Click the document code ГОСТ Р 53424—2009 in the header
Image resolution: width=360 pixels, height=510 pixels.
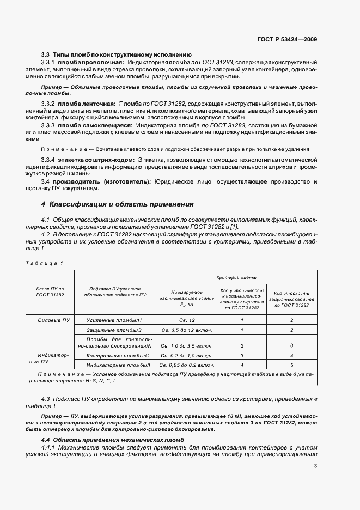pos(288,39)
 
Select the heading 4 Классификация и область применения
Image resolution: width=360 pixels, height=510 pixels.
pos(118,204)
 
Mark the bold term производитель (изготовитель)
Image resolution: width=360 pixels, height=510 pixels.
pos(103,181)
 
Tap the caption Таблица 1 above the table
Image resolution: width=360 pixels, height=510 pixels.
pos(45,263)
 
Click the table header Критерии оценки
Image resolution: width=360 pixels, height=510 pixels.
pos(236,277)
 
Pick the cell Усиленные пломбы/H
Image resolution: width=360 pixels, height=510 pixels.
pos(114,321)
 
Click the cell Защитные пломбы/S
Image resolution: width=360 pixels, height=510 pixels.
pos(114,330)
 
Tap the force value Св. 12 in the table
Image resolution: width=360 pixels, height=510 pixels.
pos(187,321)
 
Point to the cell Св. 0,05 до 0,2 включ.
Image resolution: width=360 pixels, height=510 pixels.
pos(187,363)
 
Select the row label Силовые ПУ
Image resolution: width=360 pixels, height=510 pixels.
pos(50,321)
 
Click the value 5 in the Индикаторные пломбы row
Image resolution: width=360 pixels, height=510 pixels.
pos(291,363)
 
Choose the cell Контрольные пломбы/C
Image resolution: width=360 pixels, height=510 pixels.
pos(114,355)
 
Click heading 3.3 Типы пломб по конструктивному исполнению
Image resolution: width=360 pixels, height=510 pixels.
pos(116,54)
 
